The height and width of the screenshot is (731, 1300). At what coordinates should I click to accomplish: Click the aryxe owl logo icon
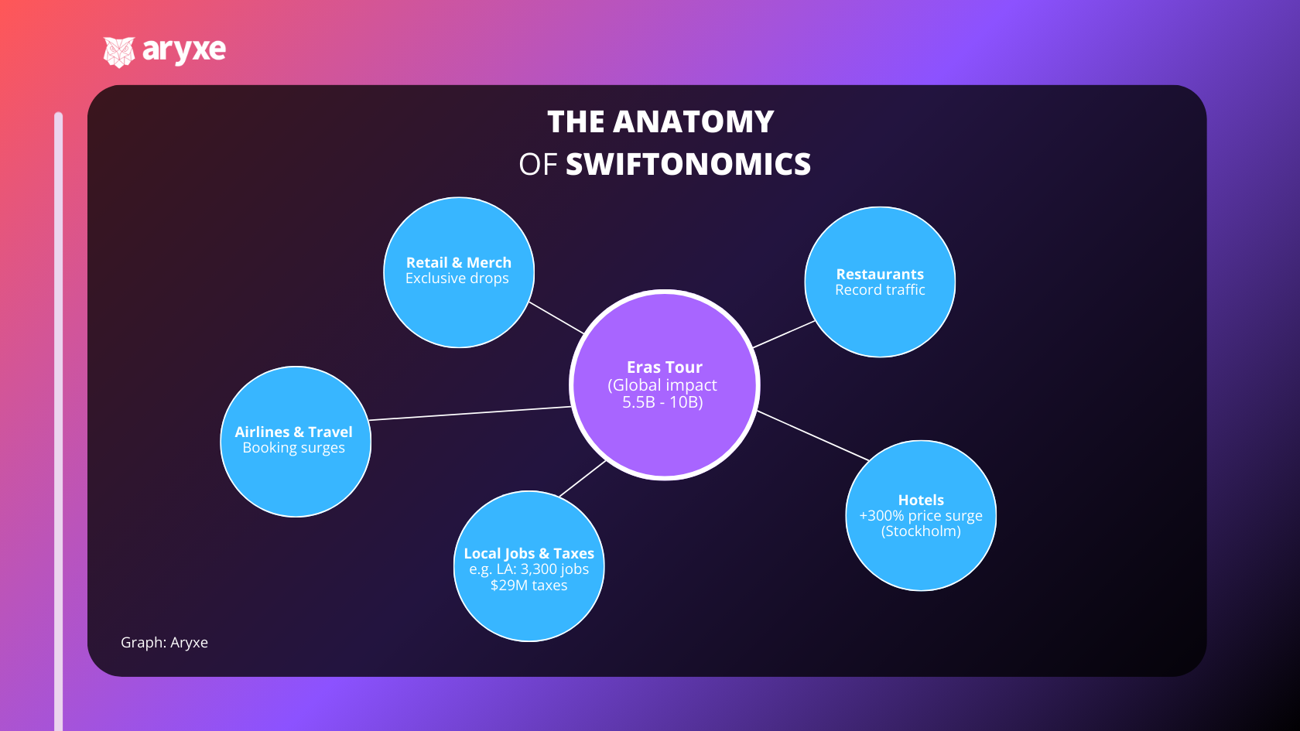coord(119,52)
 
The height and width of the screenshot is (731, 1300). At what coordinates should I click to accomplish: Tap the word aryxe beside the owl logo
coord(184,50)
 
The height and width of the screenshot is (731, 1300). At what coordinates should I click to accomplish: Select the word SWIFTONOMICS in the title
coord(688,165)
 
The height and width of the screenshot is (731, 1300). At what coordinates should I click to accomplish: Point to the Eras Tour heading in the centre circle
coord(664,367)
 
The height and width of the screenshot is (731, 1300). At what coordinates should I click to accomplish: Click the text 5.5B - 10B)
coord(662,402)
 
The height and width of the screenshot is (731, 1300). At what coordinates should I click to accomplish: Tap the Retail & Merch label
coord(458,263)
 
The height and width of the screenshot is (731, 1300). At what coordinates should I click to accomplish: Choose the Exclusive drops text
coord(457,278)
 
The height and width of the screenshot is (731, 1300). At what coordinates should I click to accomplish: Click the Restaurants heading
coord(880,275)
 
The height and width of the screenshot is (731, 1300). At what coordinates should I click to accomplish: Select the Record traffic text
coord(880,290)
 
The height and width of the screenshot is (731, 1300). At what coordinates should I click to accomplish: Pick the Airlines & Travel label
coord(293,432)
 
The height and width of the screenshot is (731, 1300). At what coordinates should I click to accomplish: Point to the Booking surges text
coord(293,448)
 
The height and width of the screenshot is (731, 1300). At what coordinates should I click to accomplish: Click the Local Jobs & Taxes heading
coord(529,554)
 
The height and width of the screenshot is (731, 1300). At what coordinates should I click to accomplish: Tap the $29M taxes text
coord(529,586)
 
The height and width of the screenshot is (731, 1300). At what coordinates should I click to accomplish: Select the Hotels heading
coord(921,500)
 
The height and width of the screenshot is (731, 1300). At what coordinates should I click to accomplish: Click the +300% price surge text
coord(921,516)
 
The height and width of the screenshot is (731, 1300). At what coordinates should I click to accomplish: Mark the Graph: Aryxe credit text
coord(164,643)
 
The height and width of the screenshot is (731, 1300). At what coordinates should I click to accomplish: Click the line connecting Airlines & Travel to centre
coord(470,413)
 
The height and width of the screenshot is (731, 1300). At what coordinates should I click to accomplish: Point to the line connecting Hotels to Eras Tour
coord(812,436)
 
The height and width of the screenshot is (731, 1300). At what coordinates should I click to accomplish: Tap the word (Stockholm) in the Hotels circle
coord(921,531)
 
